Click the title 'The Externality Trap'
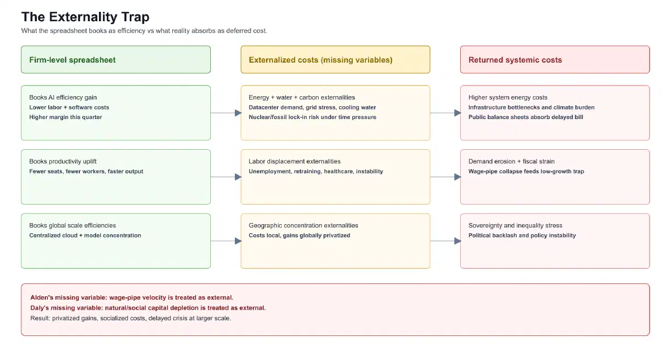pyautogui.click(x=86, y=17)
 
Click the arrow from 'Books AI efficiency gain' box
pyautogui.click(x=226, y=113)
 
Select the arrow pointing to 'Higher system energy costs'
pyautogui.click(x=446, y=113)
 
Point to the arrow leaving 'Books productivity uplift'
pyautogui.click(x=226, y=177)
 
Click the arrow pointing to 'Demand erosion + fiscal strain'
pyautogui.click(x=446, y=177)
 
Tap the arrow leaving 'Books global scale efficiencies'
pyautogui.click(x=226, y=241)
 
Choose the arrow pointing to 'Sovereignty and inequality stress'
pyautogui.click(x=446, y=241)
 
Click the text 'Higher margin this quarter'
pyautogui.click(x=65, y=117)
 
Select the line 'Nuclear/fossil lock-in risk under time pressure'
pyautogui.click(x=313, y=117)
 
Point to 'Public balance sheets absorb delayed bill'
pyautogui.click(x=526, y=117)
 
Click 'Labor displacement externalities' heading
pyautogui.click(x=295, y=162)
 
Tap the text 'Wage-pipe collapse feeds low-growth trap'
pyautogui.click(x=526, y=171)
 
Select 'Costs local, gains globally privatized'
pyautogui.click(x=299, y=235)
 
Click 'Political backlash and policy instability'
pyautogui.click(x=522, y=235)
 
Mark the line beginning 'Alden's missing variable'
pyautogui.click(x=132, y=297)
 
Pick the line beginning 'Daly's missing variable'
pyautogui.click(x=148, y=308)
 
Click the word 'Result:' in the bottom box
pyautogui.click(x=40, y=318)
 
